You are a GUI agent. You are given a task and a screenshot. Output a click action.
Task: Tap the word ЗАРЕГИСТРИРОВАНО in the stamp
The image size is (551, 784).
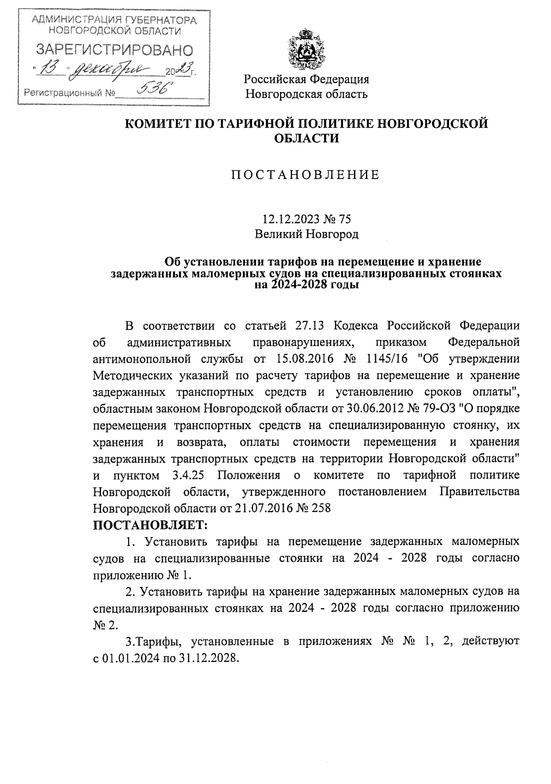[x=115, y=50]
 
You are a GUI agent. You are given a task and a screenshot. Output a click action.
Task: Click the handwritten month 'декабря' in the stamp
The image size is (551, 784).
[x=115, y=70]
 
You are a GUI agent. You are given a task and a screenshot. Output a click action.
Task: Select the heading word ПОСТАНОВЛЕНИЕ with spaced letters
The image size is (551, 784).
[x=305, y=175]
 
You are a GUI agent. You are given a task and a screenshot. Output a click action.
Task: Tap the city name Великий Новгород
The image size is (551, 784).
[x=306, y=235]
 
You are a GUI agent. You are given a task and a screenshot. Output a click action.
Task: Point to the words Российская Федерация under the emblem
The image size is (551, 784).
[x=306, y=79]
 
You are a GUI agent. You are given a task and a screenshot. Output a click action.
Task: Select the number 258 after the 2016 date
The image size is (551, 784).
[x=321, y=508]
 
